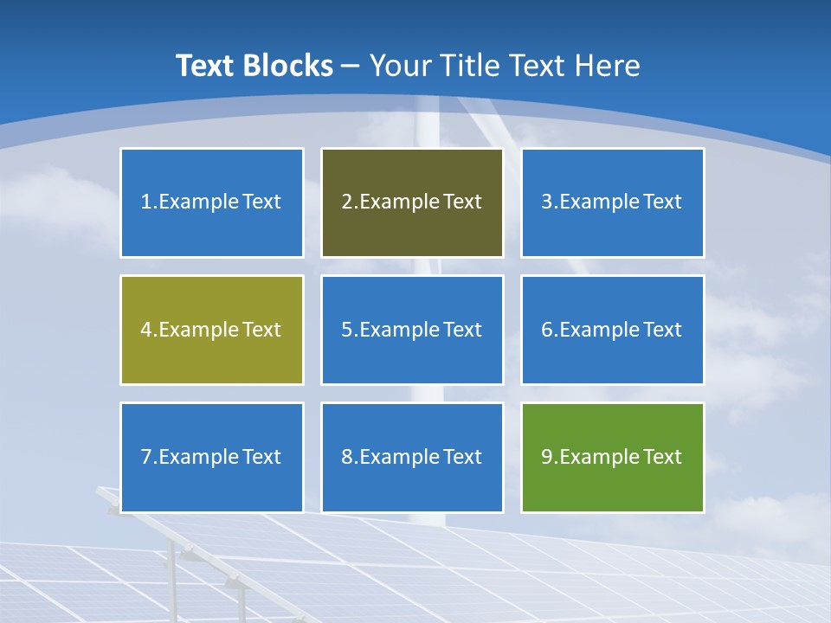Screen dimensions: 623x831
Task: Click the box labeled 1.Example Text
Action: tap(211, 202)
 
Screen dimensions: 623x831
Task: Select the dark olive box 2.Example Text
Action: tap(412, 202)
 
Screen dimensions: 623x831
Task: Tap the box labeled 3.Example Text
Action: tap(612, 202)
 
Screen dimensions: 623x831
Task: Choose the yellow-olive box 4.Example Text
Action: tap(211, 330)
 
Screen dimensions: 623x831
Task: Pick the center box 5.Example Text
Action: tap(412, 330)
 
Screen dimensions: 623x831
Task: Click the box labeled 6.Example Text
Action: tap(612, 330)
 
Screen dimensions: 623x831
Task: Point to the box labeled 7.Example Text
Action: tap(211, 457)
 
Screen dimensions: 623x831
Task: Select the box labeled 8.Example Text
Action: tap(412, 457)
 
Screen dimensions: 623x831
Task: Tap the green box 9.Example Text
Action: tap(612, 457)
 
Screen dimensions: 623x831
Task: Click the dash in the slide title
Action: tap(351, 67)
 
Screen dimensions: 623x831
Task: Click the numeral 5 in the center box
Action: tap(346, 330)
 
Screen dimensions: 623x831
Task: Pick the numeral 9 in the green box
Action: tap(547, 457)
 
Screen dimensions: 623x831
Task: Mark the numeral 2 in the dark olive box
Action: tap(346, 202)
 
